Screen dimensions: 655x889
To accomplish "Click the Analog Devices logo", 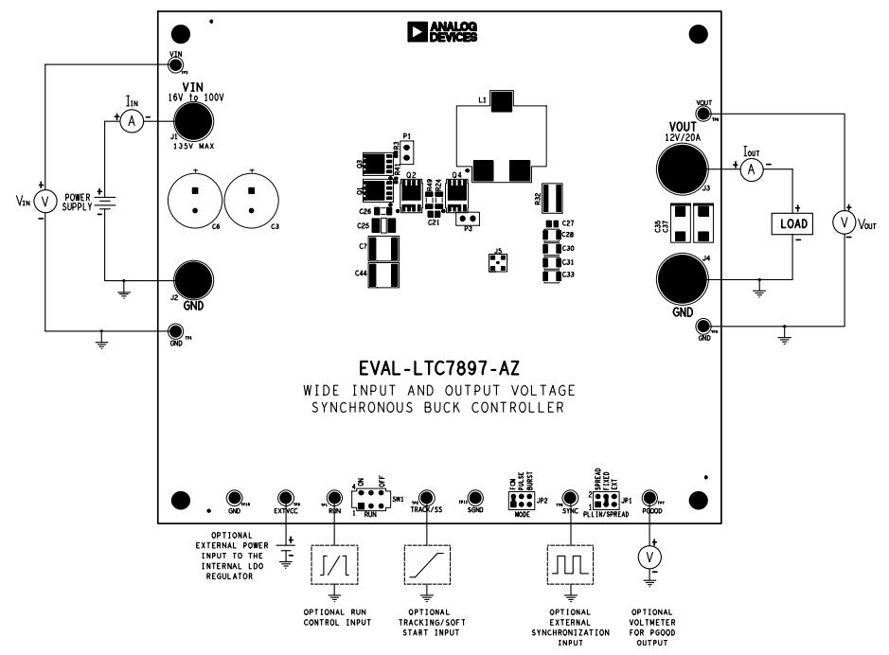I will (x=442, y=32).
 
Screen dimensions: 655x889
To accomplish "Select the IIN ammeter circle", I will (x=133, y=120).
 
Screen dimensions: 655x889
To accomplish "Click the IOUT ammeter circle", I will (x=751, y=168).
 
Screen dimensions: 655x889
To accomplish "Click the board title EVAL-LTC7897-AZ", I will (x=439, y=366).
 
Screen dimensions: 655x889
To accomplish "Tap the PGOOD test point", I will (x=649, y=498).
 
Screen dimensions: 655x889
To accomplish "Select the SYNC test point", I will (x=569, y=498).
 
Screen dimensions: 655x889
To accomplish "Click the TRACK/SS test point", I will (x=427, y=498).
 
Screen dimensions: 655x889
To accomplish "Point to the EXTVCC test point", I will (x=285, y=498).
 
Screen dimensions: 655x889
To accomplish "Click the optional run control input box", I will (x=334, y=565).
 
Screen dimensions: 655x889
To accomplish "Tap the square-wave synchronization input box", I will (x=569, y=565).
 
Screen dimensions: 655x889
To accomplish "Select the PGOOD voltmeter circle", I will (x=649, y=557).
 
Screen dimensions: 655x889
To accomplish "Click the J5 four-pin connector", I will (x=497, y=260).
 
